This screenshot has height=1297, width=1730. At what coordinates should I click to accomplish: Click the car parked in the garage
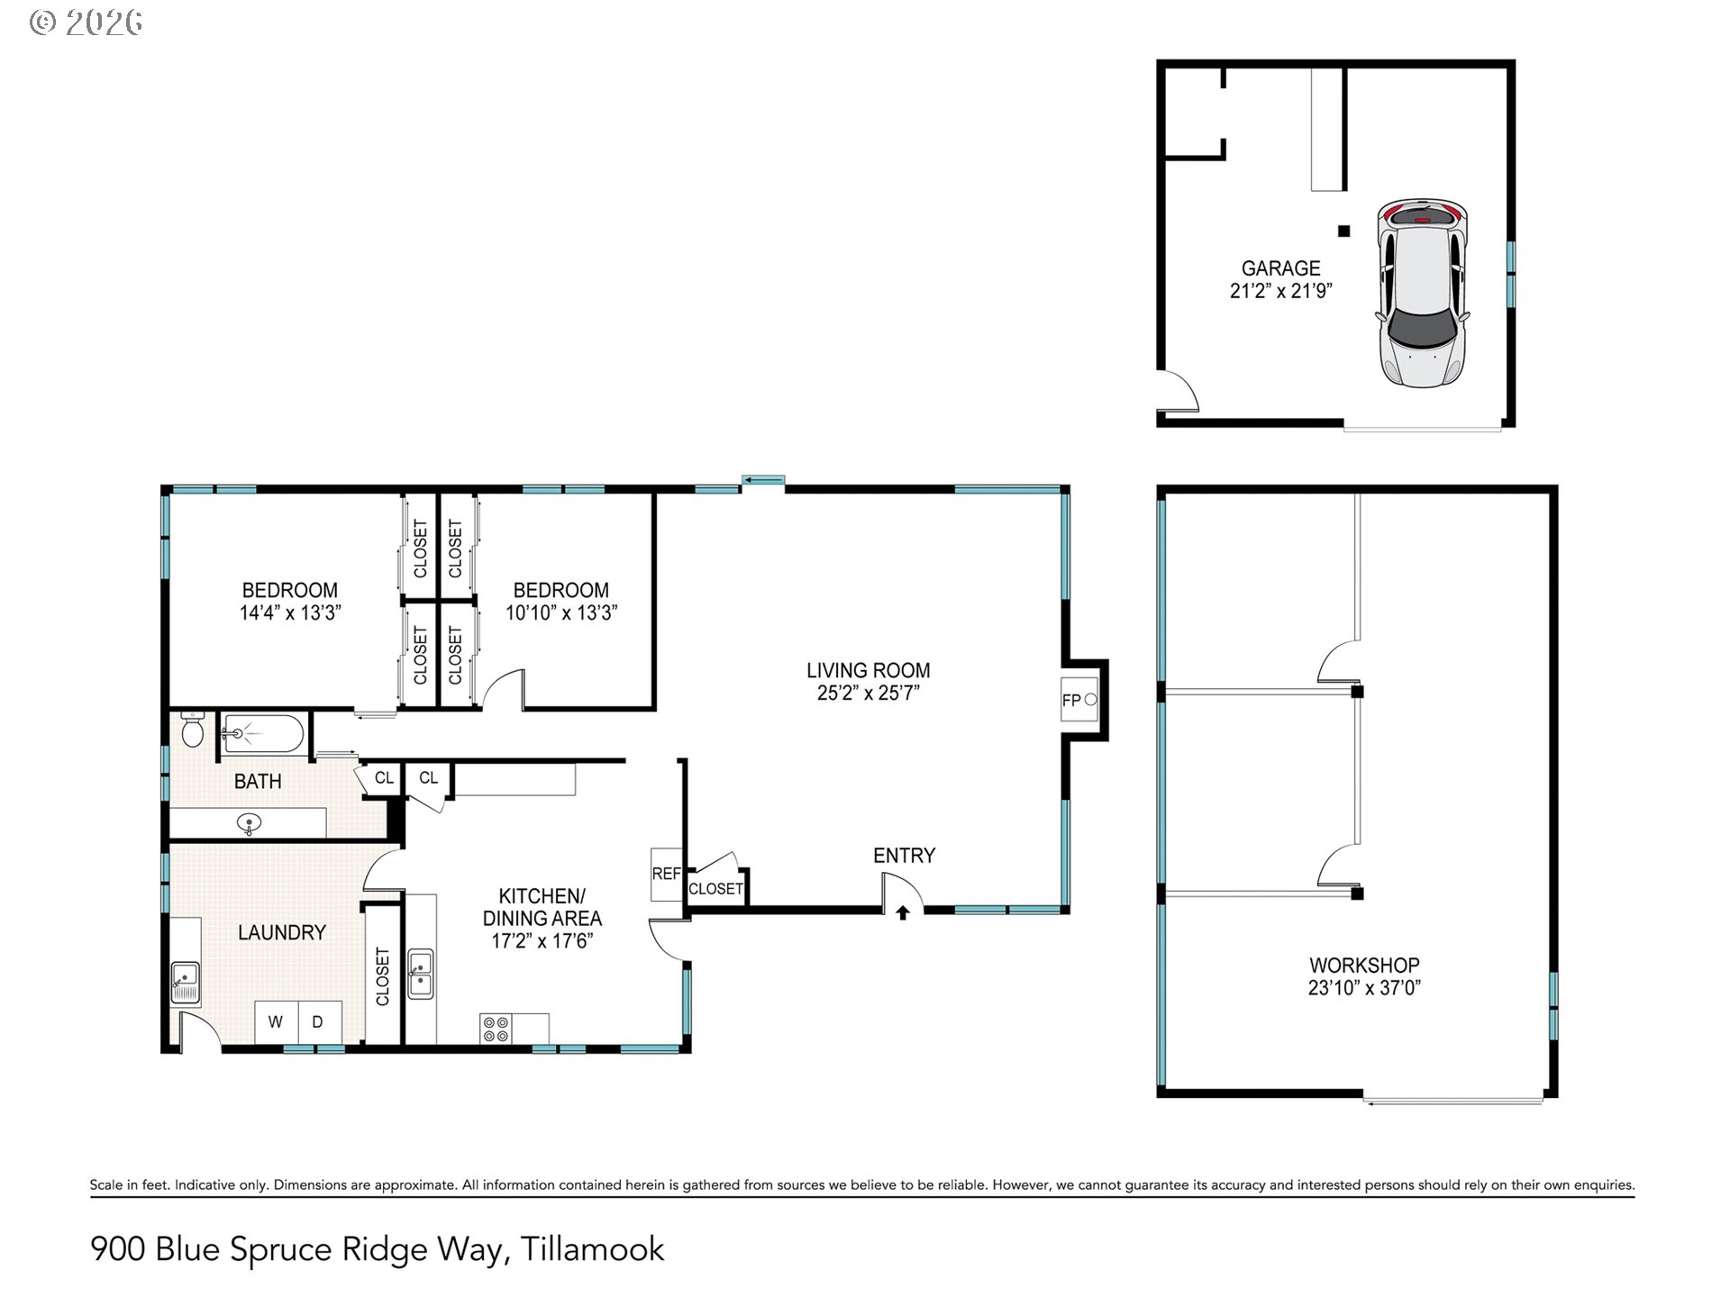click(1422, 293)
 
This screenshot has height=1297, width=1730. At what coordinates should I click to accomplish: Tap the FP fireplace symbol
click(1079, 700)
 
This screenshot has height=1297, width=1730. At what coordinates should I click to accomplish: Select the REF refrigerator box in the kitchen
click(666, 874)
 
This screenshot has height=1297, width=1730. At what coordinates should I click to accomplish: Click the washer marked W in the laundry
click(276, 1021)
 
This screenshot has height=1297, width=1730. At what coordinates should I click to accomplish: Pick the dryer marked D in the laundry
click(318, 1021)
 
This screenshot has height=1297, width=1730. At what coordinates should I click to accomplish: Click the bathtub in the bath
click(263, 734)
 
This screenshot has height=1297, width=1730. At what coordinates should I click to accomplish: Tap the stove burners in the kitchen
click(496, 1029)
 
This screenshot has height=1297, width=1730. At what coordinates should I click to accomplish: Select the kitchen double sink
click(421, 973)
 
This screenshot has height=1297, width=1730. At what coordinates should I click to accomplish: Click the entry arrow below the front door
click(903, 913)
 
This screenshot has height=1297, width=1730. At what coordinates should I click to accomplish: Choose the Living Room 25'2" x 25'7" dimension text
click(867, 693)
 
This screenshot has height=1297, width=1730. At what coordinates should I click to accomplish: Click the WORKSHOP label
click(1364, 965)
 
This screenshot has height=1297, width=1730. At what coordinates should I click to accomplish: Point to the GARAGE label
click(1280, 268)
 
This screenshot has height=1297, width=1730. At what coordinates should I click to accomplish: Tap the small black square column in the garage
click(1343, 231)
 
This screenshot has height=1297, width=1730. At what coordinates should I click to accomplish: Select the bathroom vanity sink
click(250, 822)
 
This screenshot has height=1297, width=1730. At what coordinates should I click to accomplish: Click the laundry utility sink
click(186, 982)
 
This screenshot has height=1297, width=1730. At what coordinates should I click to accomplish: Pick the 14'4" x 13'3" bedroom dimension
click(290, 613)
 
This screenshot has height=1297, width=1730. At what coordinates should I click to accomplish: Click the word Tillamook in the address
click(592, 1249)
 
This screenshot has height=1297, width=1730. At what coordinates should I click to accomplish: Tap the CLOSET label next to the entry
click(715, 889)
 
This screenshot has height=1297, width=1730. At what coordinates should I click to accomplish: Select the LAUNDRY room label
click(282, 932)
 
